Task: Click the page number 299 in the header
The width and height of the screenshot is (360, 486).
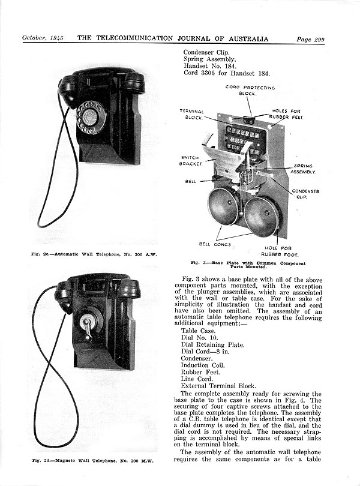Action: click(x=318, y=40)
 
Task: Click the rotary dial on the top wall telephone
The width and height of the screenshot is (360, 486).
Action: click(x=91, y=116)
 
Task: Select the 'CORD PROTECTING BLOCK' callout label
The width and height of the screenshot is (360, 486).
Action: click(x=250, y=91)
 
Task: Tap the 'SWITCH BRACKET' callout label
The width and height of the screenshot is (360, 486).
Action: click(x=190, y=160)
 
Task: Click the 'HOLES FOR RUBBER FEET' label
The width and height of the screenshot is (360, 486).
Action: click(x=287, y=114)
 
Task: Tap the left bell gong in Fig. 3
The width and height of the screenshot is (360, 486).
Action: click(x=223, y=206)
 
